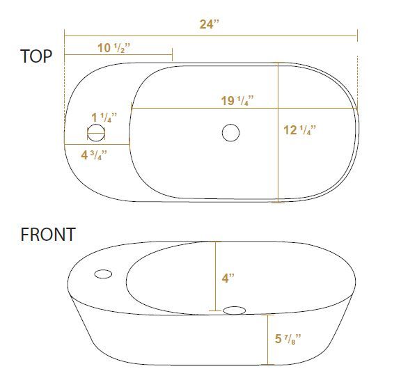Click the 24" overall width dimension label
pos(209,24)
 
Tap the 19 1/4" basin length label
pos(237,101)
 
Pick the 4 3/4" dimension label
pos(93,154)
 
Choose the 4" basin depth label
pos(228,278)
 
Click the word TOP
pos(36,56)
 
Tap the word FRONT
pos(47,235)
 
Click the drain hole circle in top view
pos(230,132)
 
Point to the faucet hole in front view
pos(103,274)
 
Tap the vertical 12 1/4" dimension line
pos(278,167)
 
